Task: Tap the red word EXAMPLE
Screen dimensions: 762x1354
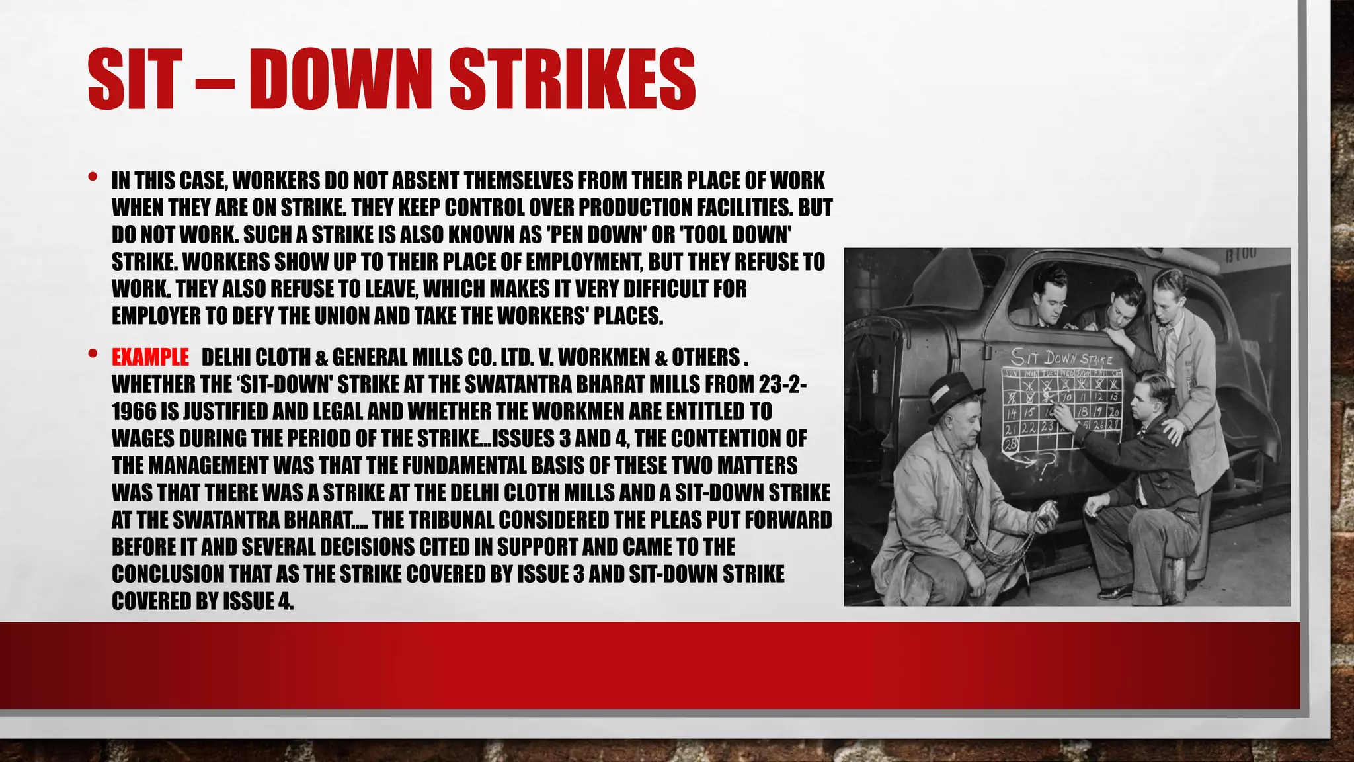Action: tap(150, 357)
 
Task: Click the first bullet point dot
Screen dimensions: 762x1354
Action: tap(93, 177)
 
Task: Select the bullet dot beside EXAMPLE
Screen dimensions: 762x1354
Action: tap(93, 354)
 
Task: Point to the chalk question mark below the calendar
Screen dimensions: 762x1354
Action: tap(1045, 466)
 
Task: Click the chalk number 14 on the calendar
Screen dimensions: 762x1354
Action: tap(1012, 413)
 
